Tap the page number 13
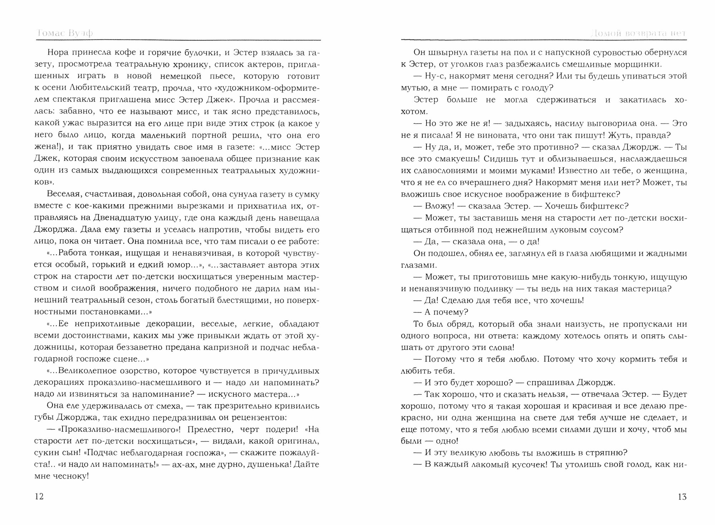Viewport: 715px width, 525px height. click(x=682, y=497)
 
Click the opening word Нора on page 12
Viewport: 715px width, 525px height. click(x=57, y=53)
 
